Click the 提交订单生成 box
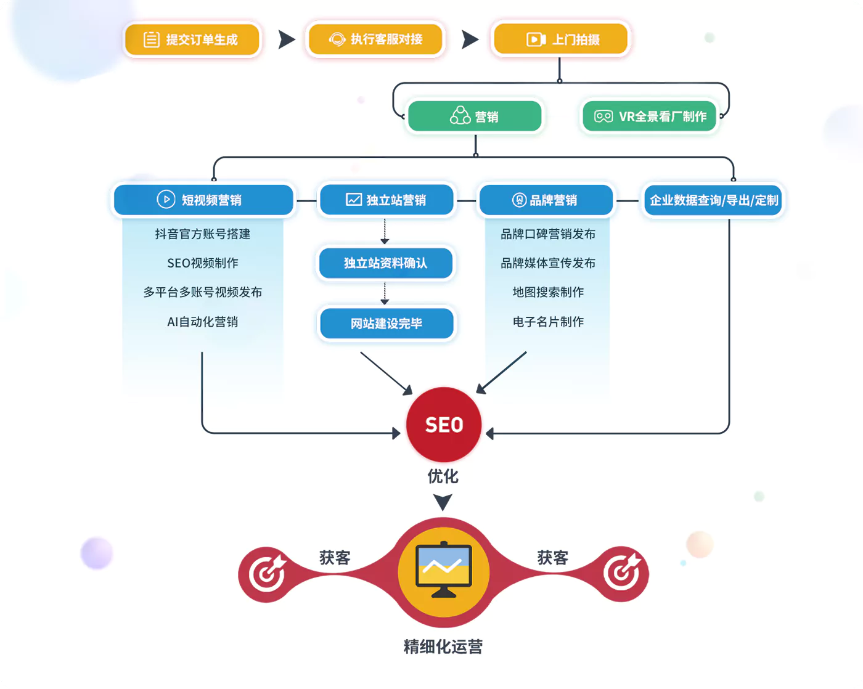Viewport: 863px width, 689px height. click(x=192, y=40)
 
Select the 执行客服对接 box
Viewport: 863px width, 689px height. click(x=375, y=39)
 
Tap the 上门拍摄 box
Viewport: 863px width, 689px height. click(x=560, y=39)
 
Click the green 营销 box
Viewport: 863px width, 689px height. click(x=474, y=116)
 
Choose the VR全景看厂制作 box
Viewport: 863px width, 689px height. click(x=650, y=116)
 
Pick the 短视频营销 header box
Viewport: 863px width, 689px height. click(x=203, y=200)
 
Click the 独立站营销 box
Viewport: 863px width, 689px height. click(x=387, y=200)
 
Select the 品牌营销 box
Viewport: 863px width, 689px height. click(x=546, y=200)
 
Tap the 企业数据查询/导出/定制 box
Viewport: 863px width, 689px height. click(x=713, y=200)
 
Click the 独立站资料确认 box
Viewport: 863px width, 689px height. click(x=385, y=263)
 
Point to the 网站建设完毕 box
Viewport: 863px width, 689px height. click(x=386, y=323)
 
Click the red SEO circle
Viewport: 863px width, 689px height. click(x=444, y=425)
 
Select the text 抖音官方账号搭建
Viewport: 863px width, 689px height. click(x=203, y=234)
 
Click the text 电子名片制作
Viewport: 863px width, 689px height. click(x=548, y=322)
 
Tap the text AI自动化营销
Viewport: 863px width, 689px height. click(x=203, y=322)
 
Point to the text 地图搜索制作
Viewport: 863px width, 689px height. click(x=548, y=292)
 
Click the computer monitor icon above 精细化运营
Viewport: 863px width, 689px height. click(x=444, y=571)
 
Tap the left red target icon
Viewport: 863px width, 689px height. click(x=266, y=574)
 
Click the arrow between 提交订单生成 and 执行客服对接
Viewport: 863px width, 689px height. click(x=286, y=39)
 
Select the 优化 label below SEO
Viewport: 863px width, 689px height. click(x=443, y=476)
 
